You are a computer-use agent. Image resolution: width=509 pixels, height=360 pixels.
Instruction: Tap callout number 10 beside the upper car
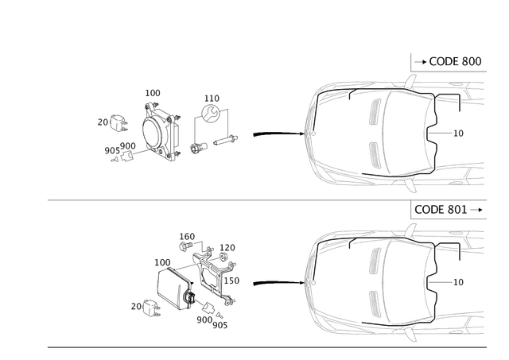click(x=458, y=133)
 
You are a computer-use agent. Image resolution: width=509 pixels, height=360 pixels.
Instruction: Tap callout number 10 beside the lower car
click(x=458, y=281)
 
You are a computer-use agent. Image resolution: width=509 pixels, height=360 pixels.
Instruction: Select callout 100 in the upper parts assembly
click(x=153, y=93)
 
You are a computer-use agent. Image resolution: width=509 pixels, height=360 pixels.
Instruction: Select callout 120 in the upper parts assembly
click(x=211, y=97)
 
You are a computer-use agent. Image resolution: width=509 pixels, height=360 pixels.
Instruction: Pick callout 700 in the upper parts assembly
click(x=105, y=122)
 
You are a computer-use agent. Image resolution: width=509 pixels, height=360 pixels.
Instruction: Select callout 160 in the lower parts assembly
click(x=187, y=234)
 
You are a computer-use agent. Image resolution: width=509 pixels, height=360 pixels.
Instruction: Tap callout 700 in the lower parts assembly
click(x=138, y=303)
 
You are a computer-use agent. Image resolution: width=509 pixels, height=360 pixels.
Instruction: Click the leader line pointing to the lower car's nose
click(x=274, y=281)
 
